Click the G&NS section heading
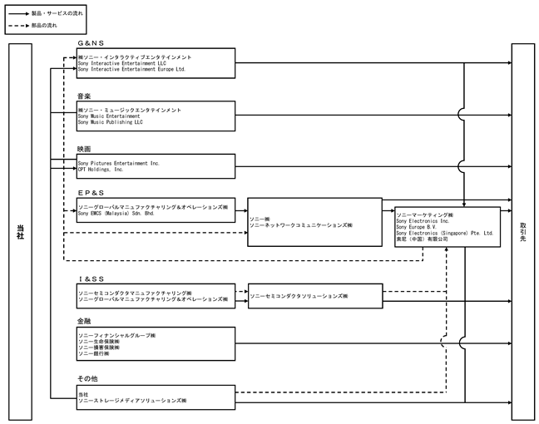point(91,43)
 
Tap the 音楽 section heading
point(84,96)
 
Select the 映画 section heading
point(84,149)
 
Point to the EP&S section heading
point(91,193)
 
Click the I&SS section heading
point(91,279)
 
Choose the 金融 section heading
point(84,321)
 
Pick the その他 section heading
point(87,378)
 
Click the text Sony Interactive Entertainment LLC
point(122,63)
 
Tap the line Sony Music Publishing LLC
point(111,122)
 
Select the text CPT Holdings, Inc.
point(101,170)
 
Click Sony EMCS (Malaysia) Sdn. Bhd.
point(116,214)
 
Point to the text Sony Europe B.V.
point(416,227)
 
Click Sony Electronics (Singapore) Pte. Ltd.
point(445,233)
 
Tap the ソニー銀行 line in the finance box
point(93,353)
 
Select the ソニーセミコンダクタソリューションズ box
point(315,296)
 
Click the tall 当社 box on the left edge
point(20,232)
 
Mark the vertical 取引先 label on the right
point(523,232)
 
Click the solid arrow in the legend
point(19,14)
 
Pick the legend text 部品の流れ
point(44,26)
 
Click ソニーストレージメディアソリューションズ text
point(132,401)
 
